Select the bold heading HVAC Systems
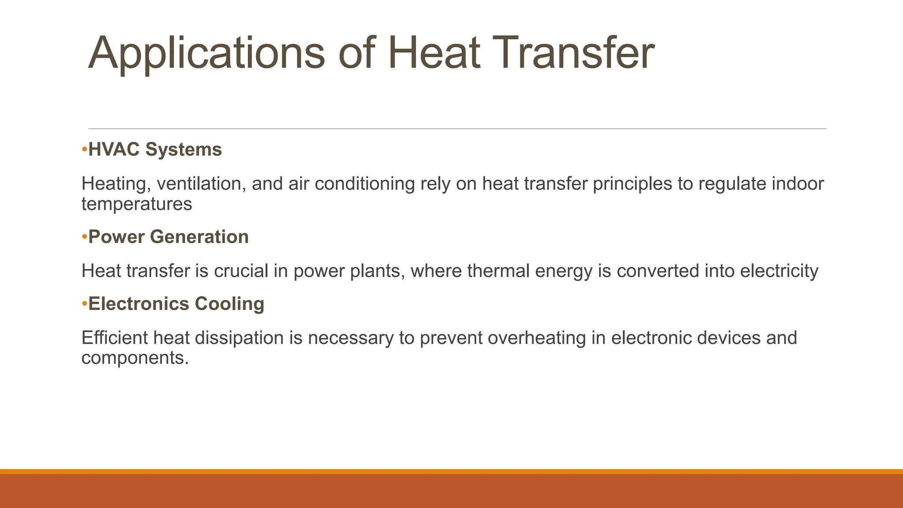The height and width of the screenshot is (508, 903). click(155, 149)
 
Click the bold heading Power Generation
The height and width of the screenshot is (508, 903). click(168, 237)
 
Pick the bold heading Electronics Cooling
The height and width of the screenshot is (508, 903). click(176, 304)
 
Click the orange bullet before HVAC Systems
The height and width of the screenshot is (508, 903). click(84, 150)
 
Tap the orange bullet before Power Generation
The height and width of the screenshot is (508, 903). click(84, 237)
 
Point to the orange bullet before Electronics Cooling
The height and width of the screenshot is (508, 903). click(84, 304)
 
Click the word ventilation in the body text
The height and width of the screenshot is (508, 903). click(201, 184)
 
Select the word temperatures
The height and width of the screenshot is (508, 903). click(137, 204)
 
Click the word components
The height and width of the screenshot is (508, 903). click(134, 358)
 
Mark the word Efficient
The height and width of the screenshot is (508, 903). click(115, 338)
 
